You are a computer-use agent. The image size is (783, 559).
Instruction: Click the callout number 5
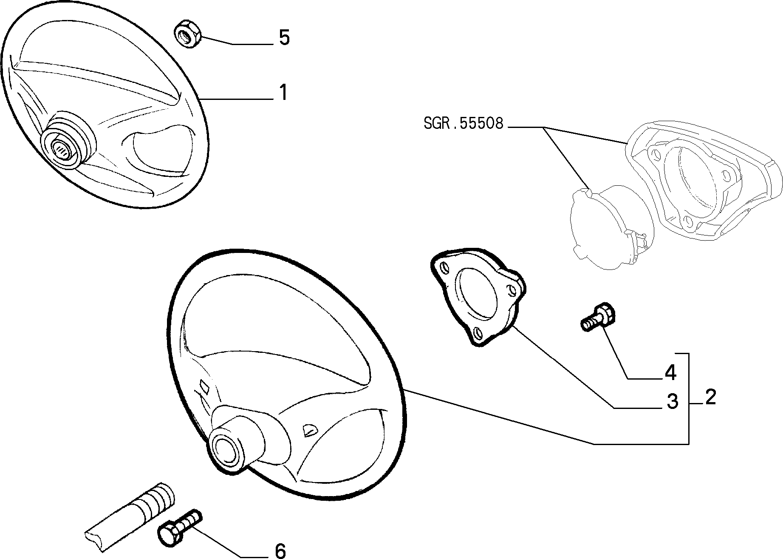284,38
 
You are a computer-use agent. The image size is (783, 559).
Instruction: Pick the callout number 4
670,372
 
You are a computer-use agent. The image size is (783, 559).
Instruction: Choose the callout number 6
280,551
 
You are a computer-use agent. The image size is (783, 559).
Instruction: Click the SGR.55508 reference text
464,123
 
